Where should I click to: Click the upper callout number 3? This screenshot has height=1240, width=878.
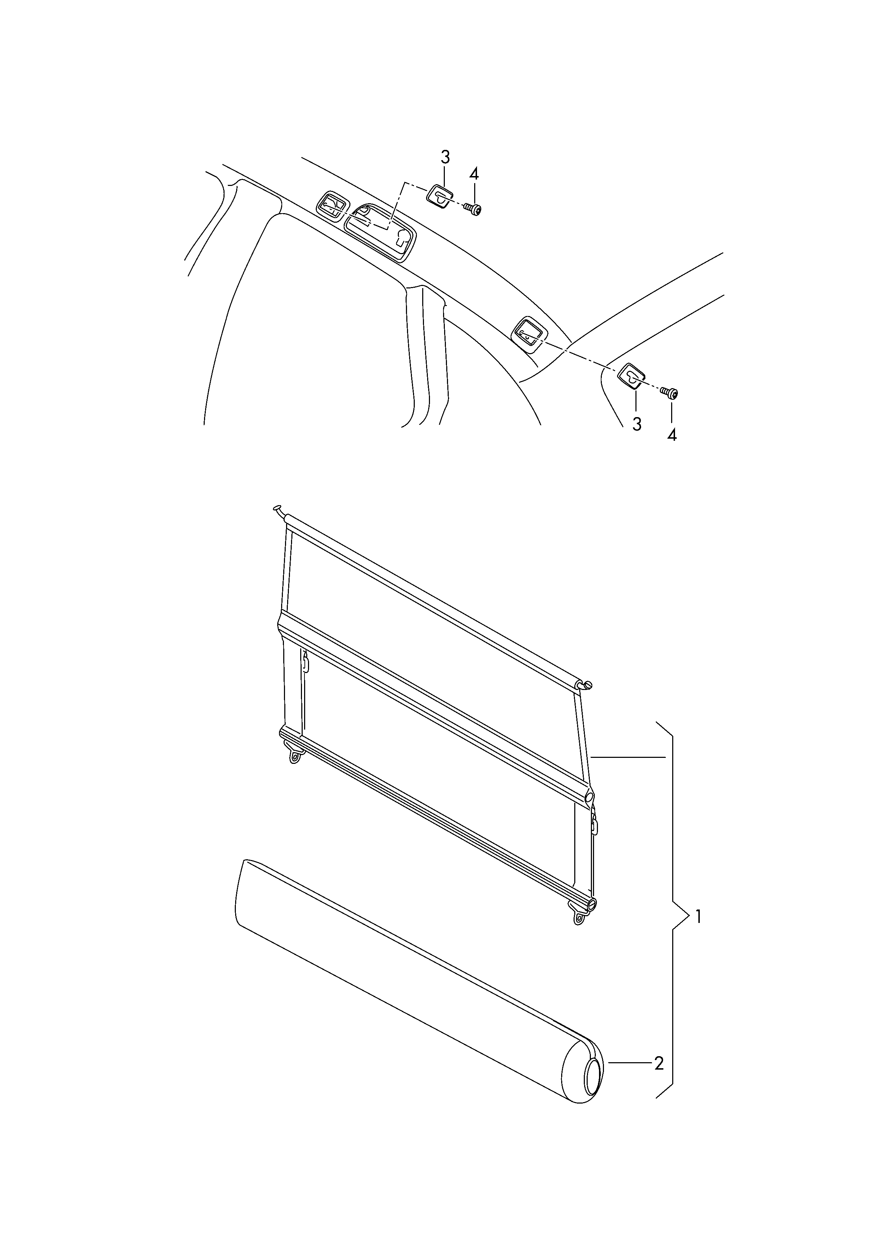point(445,157)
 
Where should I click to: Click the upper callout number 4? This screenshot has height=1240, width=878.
point(473,174)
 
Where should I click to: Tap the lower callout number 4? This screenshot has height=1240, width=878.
point(671,434)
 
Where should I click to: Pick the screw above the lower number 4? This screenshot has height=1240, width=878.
point(670,393)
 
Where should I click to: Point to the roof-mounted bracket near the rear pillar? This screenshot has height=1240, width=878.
point(527,333)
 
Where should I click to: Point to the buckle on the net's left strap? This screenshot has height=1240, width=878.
point(306,662)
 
